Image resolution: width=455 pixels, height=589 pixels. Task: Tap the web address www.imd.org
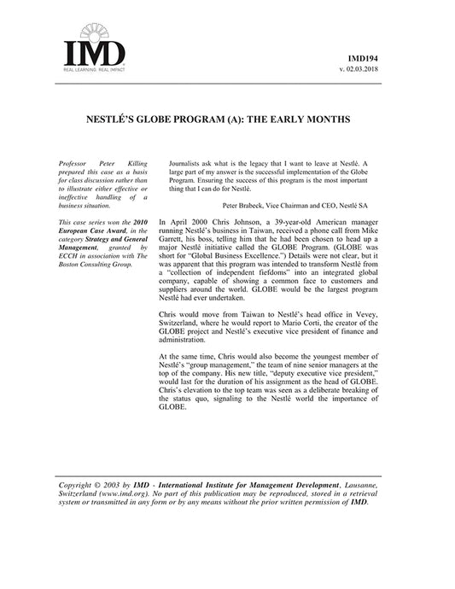[x=120, y=493]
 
